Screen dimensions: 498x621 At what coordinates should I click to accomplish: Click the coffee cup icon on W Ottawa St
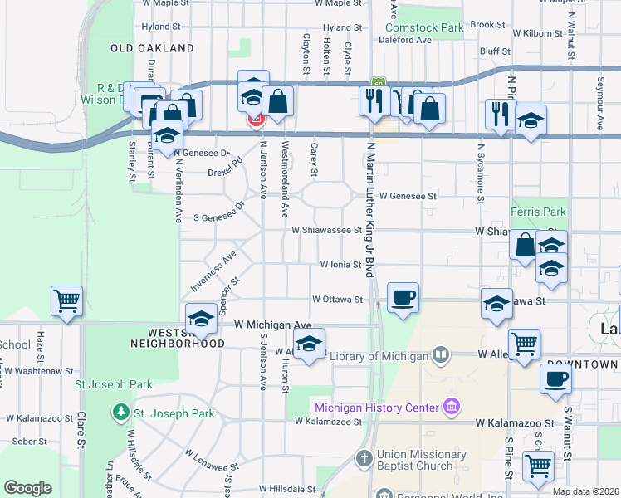[403, 298]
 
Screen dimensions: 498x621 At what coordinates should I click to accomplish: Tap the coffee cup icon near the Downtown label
[556, 378]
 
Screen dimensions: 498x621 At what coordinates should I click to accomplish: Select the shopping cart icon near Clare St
[66, 300]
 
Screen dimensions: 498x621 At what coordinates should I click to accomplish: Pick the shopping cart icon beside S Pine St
[538, 466]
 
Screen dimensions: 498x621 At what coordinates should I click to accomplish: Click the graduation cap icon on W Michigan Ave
[201, 318]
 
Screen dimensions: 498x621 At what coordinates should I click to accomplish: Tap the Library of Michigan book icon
[440, 356]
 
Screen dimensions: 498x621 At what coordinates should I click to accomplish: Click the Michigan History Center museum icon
[451, 407]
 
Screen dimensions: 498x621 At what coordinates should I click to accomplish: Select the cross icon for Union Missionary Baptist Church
[364, 458]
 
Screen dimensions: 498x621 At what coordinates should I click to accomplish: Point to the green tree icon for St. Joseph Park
[121, 413]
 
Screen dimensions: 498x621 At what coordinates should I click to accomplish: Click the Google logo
[27, 488]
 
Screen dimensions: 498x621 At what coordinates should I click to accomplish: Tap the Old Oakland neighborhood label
[152, 49]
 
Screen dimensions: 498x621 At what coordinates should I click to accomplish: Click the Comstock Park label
[431, 28]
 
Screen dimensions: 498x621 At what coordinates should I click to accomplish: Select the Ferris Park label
[538, 212]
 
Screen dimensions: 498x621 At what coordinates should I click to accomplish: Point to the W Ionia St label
[341, 265]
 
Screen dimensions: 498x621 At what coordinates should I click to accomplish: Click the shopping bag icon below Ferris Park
[526, 246]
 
